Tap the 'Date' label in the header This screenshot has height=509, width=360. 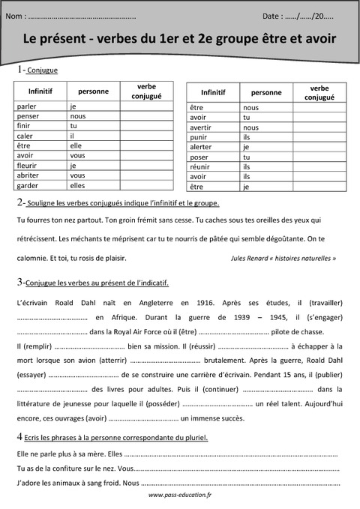273,15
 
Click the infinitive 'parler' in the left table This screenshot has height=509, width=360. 27,106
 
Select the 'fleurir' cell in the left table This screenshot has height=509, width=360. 28,166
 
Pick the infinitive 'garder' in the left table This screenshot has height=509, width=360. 28,185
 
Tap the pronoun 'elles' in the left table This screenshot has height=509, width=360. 78,185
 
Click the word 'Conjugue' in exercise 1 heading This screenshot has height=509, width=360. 43,70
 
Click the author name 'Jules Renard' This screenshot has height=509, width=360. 256,259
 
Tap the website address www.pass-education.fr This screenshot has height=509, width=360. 180,496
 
